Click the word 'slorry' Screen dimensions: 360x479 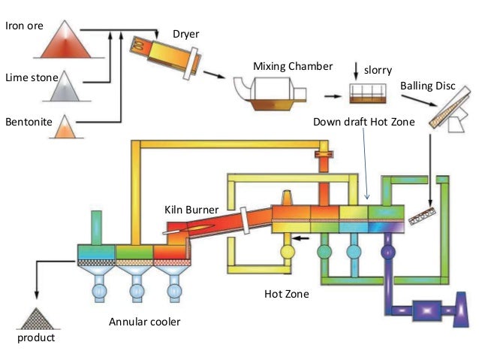[x=378, y=70]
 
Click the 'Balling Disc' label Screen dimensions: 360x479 [x=427, y=86]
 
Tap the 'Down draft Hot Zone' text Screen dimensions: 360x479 [x=363, y=121]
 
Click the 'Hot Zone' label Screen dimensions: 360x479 [x=287, y=294]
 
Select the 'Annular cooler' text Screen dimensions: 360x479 [x=145, y=322]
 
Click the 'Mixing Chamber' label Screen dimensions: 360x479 [x=292, y=66]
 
